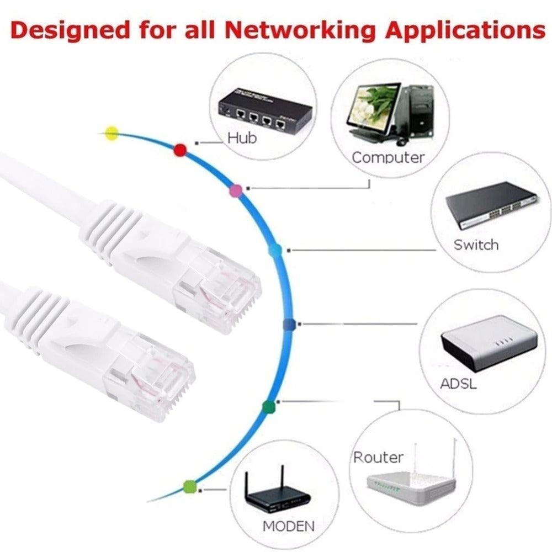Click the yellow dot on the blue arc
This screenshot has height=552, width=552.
point(112,133)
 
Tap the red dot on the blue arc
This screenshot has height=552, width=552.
point(179,150)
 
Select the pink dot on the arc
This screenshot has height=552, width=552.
point(236,191)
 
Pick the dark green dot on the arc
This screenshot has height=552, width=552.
point(268,407)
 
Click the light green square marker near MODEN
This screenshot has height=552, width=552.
point(190,486)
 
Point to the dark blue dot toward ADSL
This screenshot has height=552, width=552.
point(289,325)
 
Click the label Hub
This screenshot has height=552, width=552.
point(242,138)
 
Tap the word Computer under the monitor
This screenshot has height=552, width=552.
point(388,157)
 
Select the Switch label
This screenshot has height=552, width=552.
point(476,245)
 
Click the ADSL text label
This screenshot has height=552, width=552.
point(458,383)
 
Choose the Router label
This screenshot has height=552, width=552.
point(378,457)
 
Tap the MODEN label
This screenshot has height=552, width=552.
point(289,526)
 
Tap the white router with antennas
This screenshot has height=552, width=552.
point(411,483)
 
